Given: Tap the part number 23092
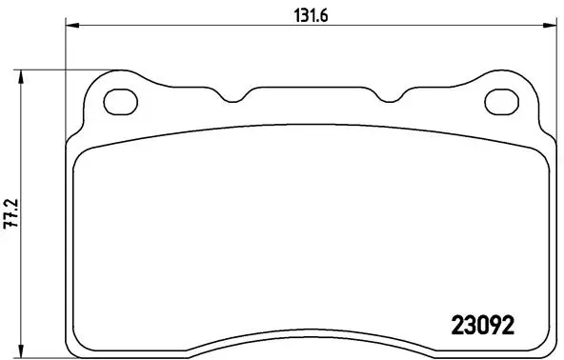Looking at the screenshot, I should coord(481,324).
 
